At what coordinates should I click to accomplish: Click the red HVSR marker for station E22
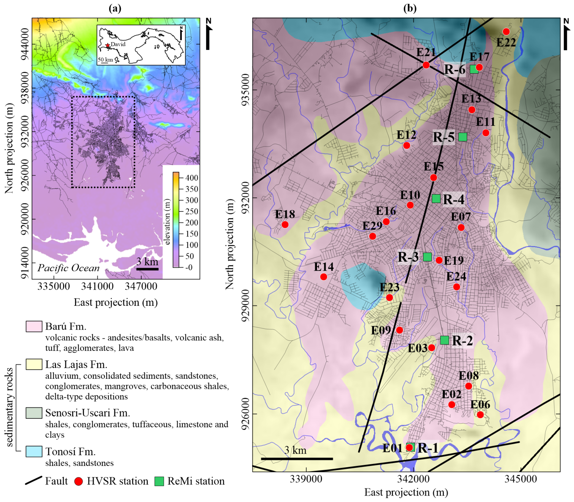(x=506, y=31)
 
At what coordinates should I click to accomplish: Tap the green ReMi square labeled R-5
(x=463, y=137)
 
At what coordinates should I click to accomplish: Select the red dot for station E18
(x=285, y=224)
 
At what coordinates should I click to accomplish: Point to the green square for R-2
(x=444, y=340)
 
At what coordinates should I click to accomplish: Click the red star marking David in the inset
(x=108, y=45)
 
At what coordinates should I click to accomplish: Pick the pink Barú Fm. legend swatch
(x=34, y=326)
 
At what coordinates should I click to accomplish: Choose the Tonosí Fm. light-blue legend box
(x=34, y=451)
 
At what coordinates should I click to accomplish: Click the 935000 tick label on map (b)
(x=245, y=90)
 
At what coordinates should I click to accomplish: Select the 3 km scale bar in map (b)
(x=297, y=458)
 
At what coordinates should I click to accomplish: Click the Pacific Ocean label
(x=68, y=268)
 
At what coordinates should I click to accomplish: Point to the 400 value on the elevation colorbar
(x=192, y=178)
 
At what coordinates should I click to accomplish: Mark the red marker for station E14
(x=324, y=277)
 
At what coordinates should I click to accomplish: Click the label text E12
(x=406, y=135)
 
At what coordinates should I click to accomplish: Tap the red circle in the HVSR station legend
(x=79, y=481)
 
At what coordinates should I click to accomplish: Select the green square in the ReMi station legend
(x=159, y=481)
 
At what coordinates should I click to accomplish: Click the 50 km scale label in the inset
(x=105, y=60)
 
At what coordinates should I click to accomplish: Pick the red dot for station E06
(x=480, y=415)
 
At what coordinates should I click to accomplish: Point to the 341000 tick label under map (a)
(x=97, y=286)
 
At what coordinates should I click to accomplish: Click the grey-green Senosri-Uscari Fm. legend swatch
(x=34, y=413)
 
